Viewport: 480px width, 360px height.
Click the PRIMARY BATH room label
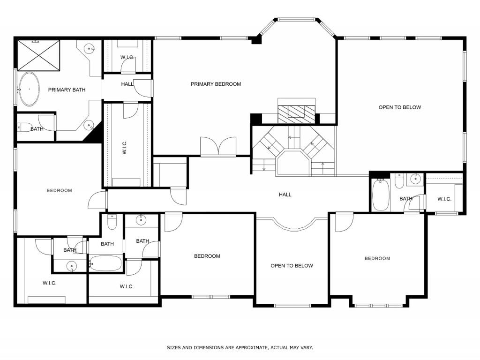click(67, 90)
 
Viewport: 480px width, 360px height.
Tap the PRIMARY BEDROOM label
click(216, 84)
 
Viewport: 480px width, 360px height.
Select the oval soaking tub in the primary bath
click(30, 89)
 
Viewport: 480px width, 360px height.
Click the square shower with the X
click(39, 55)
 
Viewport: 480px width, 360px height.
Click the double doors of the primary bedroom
click(218, 147)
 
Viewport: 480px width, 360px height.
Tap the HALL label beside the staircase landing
click(285, 195)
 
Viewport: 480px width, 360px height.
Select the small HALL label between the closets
click(127, 84)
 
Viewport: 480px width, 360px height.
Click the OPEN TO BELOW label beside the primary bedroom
click(399, 107)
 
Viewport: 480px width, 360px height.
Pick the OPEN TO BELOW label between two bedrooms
click(292, 266)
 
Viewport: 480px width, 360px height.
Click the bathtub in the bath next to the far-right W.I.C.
click(381, 195)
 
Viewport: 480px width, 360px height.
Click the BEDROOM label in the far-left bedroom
click(59, 190)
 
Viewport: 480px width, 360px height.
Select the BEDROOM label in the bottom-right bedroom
click(377, 258)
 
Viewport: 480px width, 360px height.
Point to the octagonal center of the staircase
click(293, 162)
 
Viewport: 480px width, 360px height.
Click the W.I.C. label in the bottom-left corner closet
click(49, 283)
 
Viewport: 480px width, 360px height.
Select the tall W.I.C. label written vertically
click(124, 148)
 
